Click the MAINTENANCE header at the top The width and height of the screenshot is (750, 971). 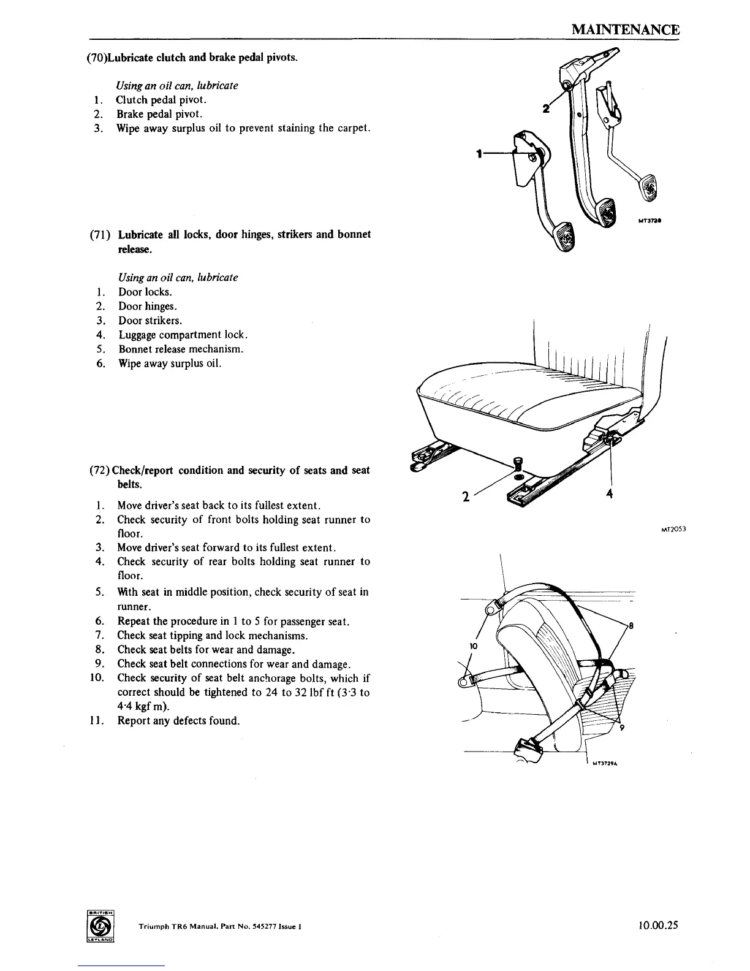click(x=624, y=29)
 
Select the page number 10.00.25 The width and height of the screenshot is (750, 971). click(x=656, y=926)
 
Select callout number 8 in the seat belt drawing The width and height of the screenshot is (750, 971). click(x=631, y=626)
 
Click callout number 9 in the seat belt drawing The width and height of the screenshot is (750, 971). click(x=621, y=728)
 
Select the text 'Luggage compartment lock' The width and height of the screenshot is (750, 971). click(x=183, y=335)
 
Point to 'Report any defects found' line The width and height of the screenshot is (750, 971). click(x=178, y=720)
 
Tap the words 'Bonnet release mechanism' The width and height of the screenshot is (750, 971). click(x=181, y=349)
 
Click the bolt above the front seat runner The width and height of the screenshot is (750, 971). click(x=518, y=465)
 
